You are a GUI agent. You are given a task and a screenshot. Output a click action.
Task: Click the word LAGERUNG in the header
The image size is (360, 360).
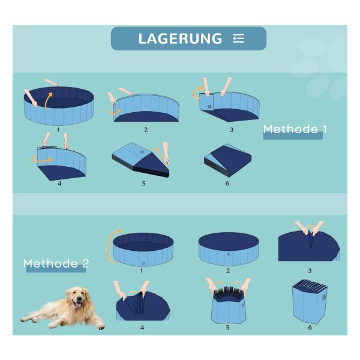click(180, 38)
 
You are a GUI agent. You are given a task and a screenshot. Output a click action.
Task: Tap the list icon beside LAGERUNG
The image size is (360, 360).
click(238, 38)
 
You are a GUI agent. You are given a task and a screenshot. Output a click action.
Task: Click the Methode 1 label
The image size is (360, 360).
click(295, 129)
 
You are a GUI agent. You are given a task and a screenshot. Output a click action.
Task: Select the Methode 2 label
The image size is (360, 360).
click(56, 263)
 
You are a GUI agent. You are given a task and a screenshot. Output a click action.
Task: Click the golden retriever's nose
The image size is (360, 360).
click(79, 299)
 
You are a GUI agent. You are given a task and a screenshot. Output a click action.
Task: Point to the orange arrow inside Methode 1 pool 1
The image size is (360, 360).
click(48, 101)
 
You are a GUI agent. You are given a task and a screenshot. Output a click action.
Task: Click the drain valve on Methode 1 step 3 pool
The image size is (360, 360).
click(209, 107)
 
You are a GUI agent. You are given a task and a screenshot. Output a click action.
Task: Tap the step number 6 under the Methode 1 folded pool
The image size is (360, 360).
click(227, 183)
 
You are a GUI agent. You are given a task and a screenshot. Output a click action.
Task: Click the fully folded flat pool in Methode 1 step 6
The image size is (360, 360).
click(228, 160)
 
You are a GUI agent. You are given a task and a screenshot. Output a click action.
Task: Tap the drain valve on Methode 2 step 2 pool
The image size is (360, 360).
click(229, 254)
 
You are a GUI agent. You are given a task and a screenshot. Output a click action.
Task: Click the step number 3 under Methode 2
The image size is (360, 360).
click(310, 271)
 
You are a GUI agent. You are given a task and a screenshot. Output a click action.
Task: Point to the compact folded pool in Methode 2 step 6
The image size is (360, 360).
click(310, 301)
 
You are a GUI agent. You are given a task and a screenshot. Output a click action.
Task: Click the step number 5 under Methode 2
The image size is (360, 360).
click(227, 328)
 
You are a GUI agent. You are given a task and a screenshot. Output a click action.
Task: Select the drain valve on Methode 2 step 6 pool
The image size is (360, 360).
click(324, 298)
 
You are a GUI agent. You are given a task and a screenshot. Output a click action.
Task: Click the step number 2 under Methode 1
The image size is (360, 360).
click(146, 130)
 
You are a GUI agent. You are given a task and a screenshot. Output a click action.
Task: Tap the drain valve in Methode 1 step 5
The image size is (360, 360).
click(142, 152)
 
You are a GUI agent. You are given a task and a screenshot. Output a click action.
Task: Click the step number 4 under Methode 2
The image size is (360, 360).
click(142, 328)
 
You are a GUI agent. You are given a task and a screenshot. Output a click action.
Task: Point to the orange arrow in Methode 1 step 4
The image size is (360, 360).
click(42, 160)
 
